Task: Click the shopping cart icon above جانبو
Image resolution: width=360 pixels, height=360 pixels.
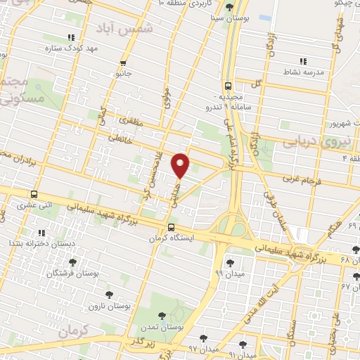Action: click(124, 61)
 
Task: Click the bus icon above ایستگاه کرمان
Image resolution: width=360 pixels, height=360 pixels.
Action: click(172, 226)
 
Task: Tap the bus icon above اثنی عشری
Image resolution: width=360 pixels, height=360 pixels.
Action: click(34, 195)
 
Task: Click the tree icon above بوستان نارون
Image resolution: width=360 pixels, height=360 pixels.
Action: click(108, 295)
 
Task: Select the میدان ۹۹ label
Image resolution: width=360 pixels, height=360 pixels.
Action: click(209, 273)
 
